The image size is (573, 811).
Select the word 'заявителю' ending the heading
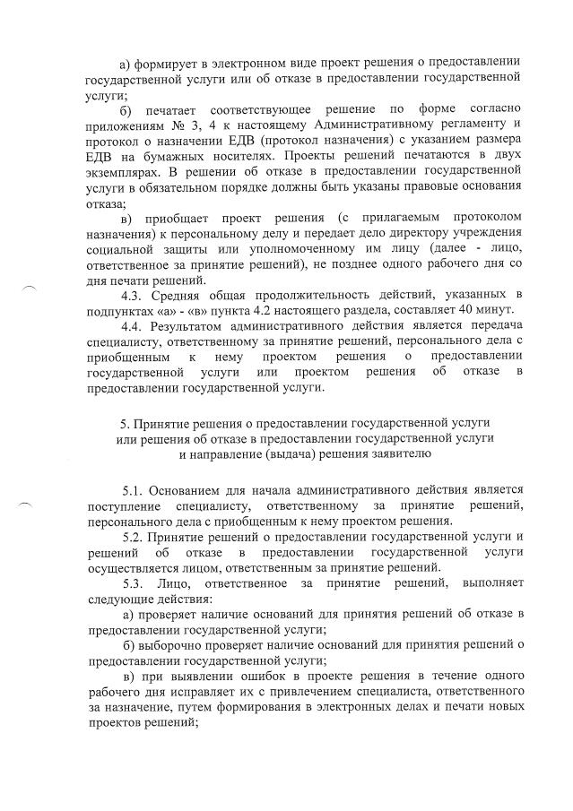point(401,453)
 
